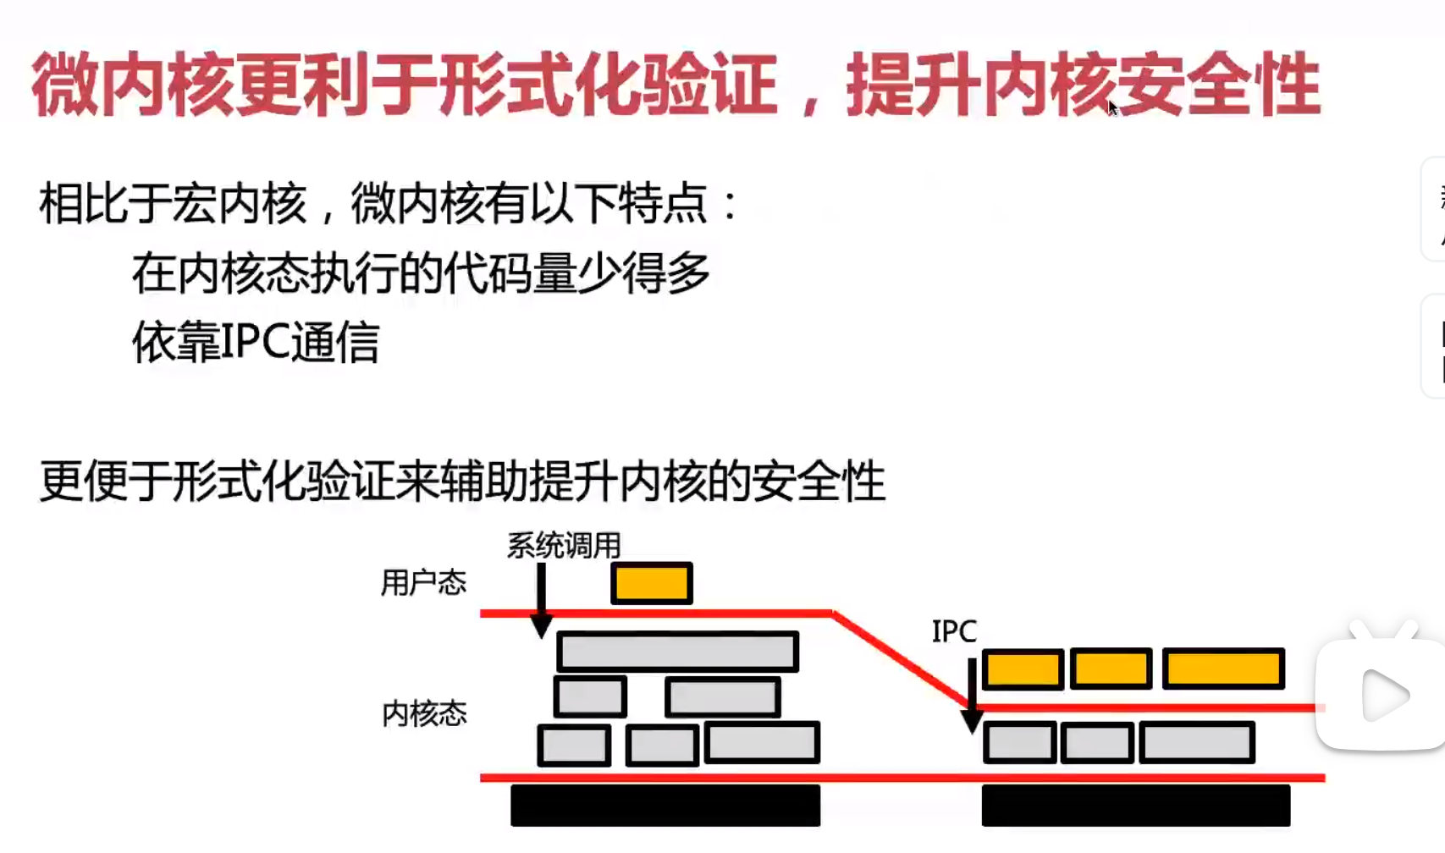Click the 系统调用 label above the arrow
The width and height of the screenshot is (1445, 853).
(x=564, y=546)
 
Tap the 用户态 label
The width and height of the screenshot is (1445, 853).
(x=423, y=583)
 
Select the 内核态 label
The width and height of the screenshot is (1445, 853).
(x=424, y=714)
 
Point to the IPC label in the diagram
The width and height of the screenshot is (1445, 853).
(x=954, y=631)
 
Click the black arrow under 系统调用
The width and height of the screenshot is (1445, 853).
(x=541, y=601)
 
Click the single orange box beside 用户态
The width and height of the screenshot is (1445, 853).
(x=652, y=584)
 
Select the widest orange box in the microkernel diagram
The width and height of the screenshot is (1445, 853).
(x=1223, y=669)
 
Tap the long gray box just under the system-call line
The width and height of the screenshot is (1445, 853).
(x=677, y=652)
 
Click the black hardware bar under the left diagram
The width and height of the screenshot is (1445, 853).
(x=665, y=805)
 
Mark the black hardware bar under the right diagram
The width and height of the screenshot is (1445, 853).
(x=1136, y=805)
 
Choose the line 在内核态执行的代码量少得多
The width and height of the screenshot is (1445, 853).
(x=421, y=273)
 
